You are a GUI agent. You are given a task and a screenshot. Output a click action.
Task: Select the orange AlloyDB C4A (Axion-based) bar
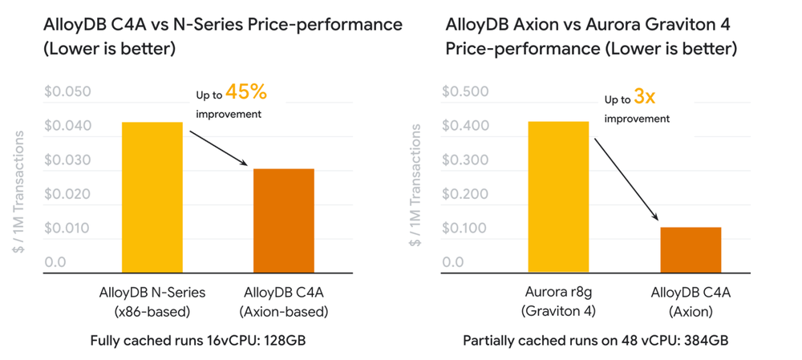(x=284, y=220)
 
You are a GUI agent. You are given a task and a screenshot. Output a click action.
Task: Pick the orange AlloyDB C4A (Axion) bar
(x=691, y=249)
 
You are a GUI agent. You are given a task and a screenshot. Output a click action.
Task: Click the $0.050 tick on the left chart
(x=68, y=92)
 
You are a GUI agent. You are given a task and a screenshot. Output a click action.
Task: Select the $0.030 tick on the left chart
(x=68, y=160)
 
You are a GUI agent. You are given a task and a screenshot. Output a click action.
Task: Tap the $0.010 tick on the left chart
(x=68, y=229)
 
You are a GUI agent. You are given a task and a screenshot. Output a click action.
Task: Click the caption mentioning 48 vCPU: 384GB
(x=596, y=340)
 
